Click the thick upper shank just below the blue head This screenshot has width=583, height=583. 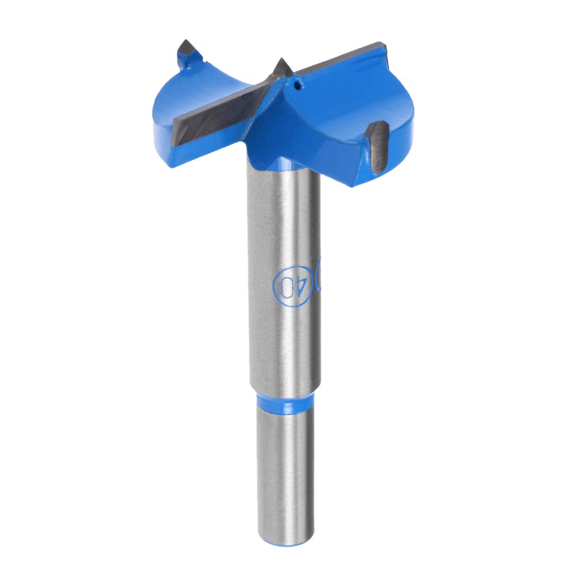click(284, 212)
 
